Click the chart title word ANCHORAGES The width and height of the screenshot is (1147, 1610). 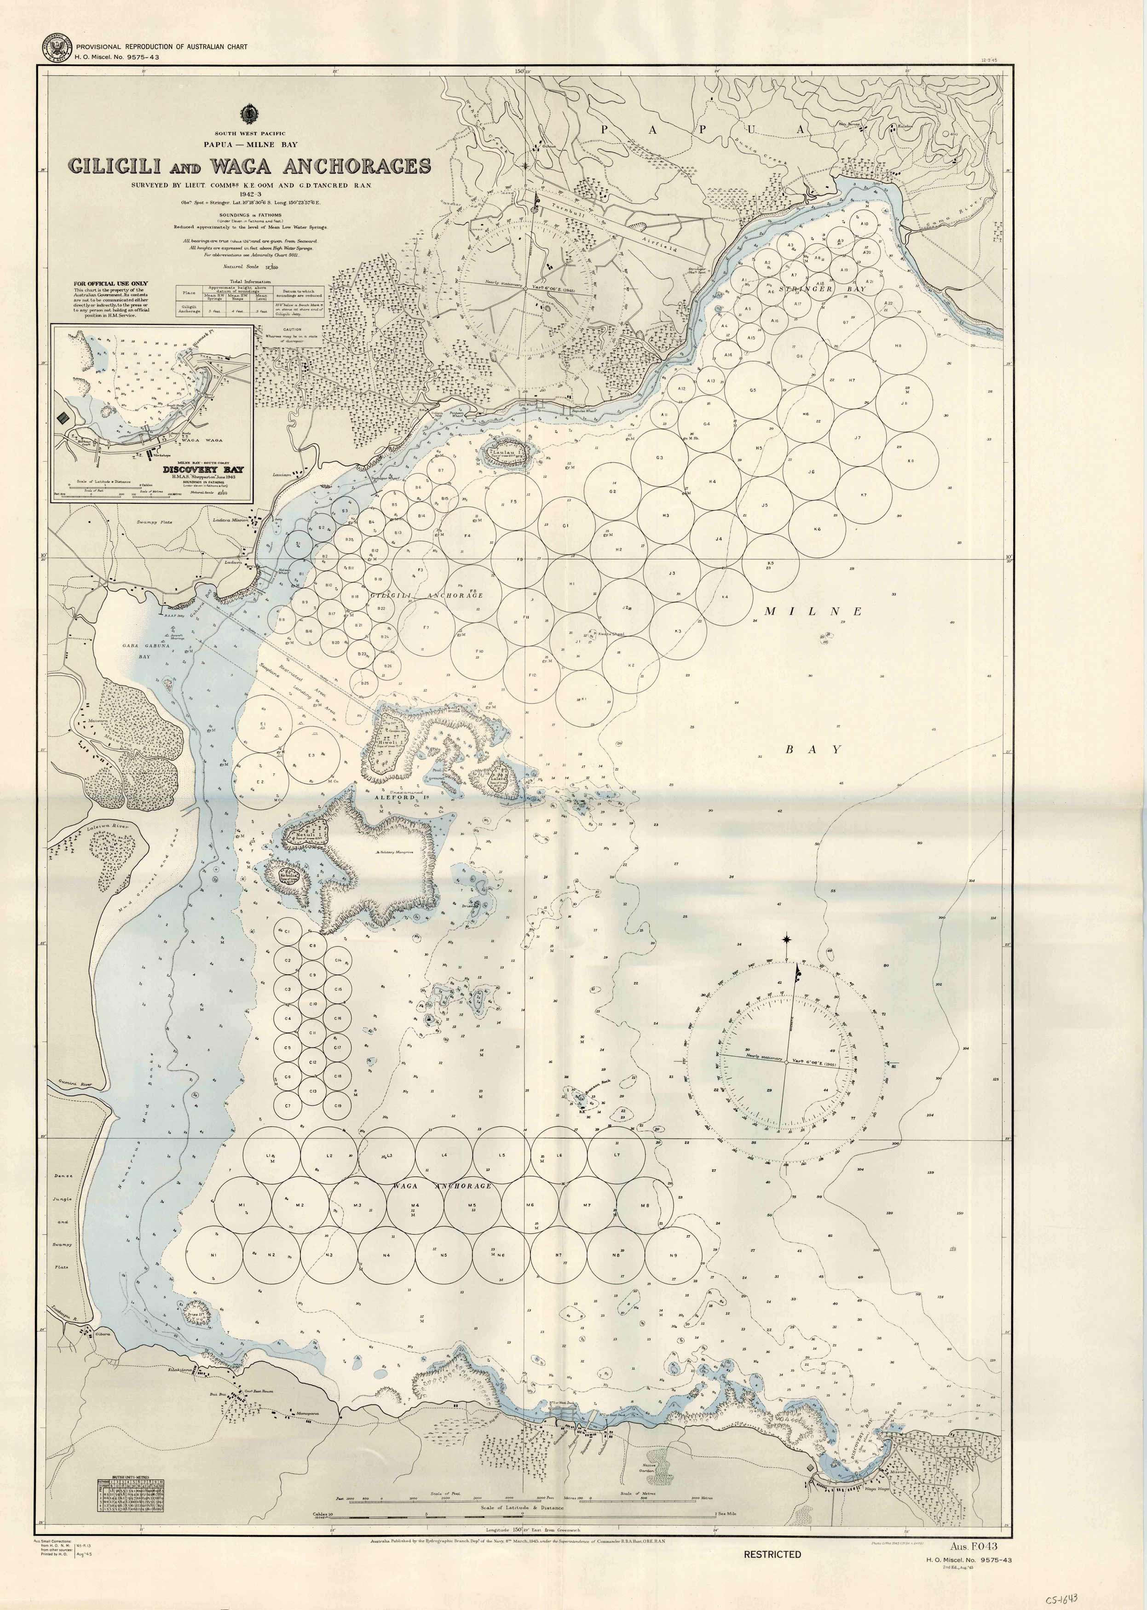(356, 166)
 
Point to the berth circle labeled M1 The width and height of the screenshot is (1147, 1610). (242, 1205)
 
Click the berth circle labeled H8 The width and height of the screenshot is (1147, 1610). (898, 346)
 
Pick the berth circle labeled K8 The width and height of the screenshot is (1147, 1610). (911, 461)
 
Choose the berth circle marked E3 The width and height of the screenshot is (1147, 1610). (311, 756)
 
